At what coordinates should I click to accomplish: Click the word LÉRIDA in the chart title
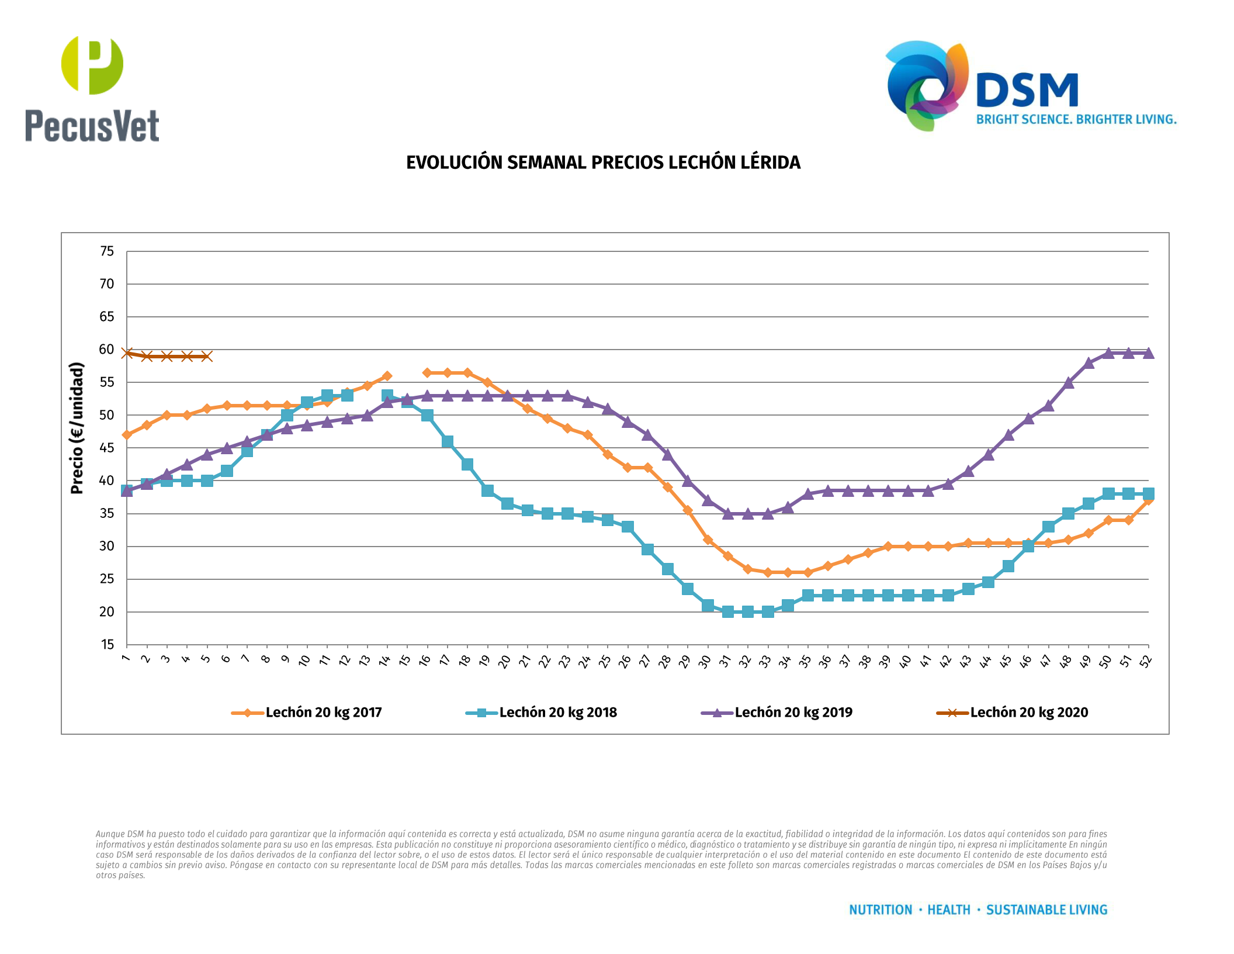click(770, 163)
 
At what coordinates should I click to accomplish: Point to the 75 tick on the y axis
click(107, 251)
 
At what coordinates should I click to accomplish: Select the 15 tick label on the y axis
click(107, 645)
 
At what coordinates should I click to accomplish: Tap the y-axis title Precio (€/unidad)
click(77, 428)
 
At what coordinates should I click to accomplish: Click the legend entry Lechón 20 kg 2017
click(323, 713)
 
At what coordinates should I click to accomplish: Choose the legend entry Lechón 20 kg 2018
click(558, 713)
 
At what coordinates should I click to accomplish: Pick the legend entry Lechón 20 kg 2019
click(793, 713)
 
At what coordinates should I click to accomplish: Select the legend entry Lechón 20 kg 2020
click(1029, 713)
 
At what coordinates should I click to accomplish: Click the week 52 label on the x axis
click(1146, 661)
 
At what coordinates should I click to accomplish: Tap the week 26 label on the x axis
click(625, 661)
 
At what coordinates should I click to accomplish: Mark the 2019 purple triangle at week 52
click(1149, 353)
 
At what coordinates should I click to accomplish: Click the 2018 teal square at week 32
click(748, 611)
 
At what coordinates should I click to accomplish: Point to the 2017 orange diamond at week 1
click(127, 435)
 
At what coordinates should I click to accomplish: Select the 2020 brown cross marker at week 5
click(207, 357)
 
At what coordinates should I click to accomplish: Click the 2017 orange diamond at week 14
click(387, 376)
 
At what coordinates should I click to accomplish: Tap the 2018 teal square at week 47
click(1048, 527)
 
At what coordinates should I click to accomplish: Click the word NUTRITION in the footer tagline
click(881, 910)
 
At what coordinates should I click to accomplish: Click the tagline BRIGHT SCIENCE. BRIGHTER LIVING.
click(1076, 120)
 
